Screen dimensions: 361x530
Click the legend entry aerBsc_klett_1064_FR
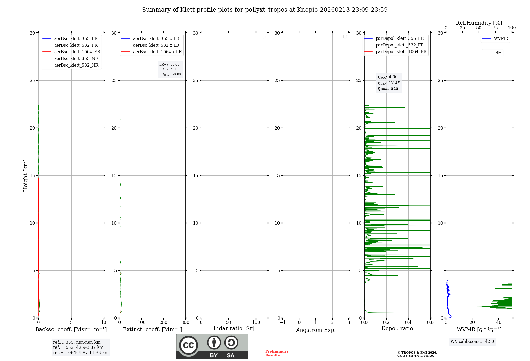click(x=77, y=52)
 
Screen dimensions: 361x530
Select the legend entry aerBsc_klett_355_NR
click(x=76, y=58)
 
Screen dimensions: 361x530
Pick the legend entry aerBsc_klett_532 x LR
click(x=156, y=45)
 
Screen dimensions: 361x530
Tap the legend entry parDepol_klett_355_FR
click(x=400, y=38)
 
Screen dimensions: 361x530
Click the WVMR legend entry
click(x=501, y=38)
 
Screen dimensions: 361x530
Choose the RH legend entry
click(x=498, y=53)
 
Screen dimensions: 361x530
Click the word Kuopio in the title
click(x=307, y=10)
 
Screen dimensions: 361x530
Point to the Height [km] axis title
click(x=25, y=175)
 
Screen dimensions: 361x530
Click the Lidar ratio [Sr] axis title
click(x=234, y=328)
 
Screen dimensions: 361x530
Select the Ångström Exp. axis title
click(x=316, y=330)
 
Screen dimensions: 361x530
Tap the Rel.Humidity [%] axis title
click(x=479, y=23)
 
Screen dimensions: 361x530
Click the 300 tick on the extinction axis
click(x=185, y=322)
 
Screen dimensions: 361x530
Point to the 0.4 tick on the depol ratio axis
click(x=408, y=322)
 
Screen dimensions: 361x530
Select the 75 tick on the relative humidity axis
click(x=495, y=28)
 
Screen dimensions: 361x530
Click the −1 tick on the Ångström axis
click(x=283, y=322)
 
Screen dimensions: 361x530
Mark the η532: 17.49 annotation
click(x=389, y=83)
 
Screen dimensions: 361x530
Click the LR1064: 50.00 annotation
click(x=170, y=74)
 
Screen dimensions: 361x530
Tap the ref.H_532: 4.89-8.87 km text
click(x=78, y=347)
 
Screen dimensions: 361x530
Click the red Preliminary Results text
click(x=277, y=353)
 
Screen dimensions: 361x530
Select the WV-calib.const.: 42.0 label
click(x=472, y=341)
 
